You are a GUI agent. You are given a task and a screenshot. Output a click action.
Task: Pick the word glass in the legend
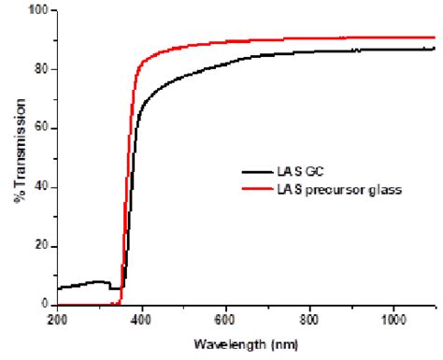(x=384, y=192)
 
